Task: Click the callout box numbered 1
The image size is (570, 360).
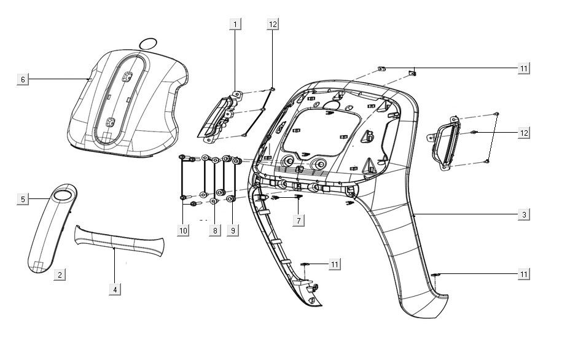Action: tap(235, 24)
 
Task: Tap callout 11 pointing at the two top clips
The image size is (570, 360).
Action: tap(523, 68)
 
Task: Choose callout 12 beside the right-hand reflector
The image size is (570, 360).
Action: tap(523, 133)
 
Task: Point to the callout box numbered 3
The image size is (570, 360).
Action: tap(523, 214)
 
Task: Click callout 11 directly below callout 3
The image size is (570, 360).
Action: tap(523, 274)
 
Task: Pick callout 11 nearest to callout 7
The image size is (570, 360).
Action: tap(334, 264)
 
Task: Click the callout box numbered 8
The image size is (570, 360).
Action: tap(214, 230)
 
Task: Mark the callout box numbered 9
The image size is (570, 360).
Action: tap(232, 230)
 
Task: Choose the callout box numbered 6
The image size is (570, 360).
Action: tap(23, 79)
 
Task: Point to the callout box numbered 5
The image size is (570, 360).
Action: tap(23, 199)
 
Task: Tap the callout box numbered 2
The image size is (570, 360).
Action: tap(60, 275)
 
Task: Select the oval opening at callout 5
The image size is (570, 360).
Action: tap(62, 195)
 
